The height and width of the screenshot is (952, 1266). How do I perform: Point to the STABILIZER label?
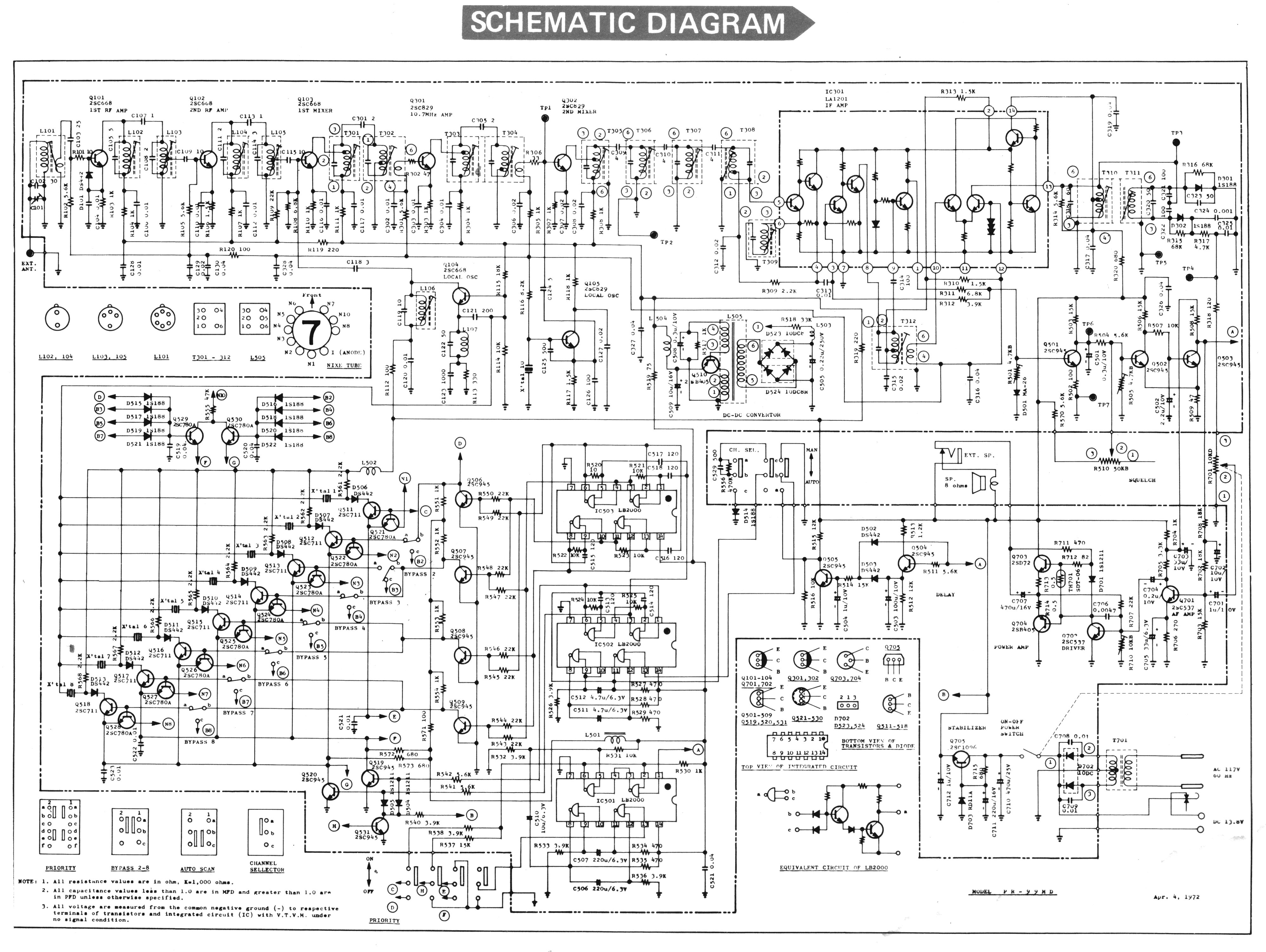[967, 728]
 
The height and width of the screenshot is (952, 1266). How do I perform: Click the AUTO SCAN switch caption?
[197, 869]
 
